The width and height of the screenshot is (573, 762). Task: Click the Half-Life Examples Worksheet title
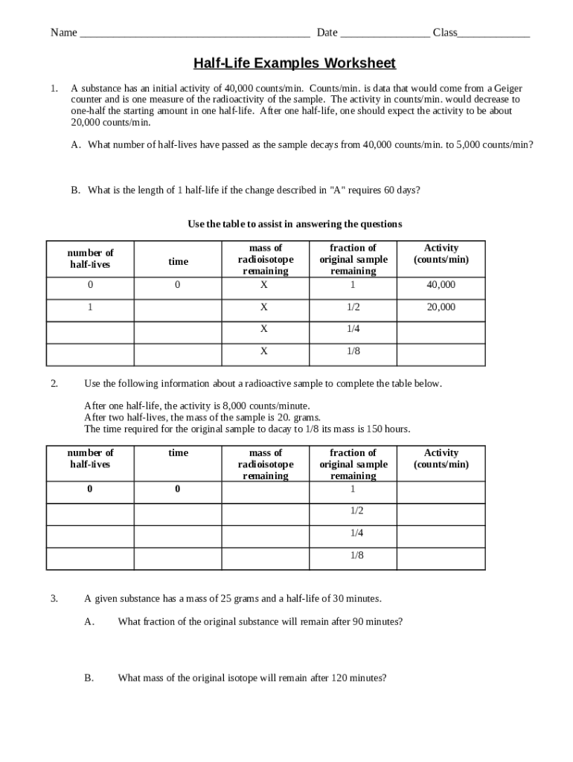click(295, 63)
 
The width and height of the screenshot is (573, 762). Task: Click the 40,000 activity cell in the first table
click(441, 285)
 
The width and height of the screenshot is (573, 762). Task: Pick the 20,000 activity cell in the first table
click(441, 307)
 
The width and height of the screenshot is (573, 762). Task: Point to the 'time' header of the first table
click(178, 261)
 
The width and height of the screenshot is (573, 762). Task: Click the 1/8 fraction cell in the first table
click(353, 351)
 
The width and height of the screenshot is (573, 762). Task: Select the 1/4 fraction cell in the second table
click(356, 533)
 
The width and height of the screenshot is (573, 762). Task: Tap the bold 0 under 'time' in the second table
click(178, 489)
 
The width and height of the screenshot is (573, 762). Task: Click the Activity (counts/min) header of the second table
click(441, 458)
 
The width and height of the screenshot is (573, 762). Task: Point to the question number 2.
click(54, 384)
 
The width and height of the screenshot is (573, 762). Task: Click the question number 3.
click(54, 598)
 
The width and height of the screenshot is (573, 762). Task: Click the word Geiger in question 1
click(506, 88)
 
